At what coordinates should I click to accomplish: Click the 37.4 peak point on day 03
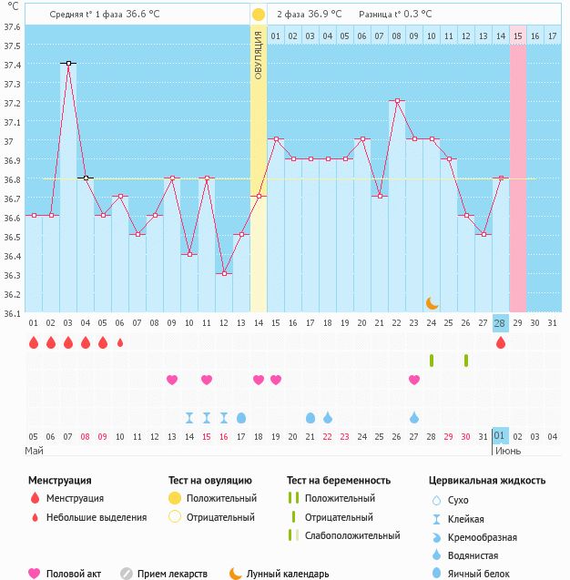(67, 63)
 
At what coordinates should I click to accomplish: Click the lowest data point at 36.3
(223, 273)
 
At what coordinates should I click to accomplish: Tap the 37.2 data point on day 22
(396, 101)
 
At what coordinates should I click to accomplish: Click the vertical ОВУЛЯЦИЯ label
(259, 54)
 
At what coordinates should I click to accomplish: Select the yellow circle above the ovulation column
(259, 15)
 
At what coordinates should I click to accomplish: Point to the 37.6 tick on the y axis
(12, 25)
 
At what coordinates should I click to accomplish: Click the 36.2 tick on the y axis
(12, 294)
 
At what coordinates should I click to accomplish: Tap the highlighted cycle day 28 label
(500, 323)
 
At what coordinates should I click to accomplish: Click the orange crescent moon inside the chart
(432, 302)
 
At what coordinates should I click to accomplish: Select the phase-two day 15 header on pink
(517, 36)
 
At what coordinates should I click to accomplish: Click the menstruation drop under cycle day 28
(500, 343)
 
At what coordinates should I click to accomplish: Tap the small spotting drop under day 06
(119, 343)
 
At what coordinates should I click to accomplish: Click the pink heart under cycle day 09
(171, 380)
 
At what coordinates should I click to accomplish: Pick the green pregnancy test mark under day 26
(465, 361)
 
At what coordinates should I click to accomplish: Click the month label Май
(35, 451)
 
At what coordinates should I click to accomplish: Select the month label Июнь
(508, 451)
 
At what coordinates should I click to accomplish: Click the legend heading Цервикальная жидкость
(487, 480)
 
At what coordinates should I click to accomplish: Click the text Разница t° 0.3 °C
(395, 15)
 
